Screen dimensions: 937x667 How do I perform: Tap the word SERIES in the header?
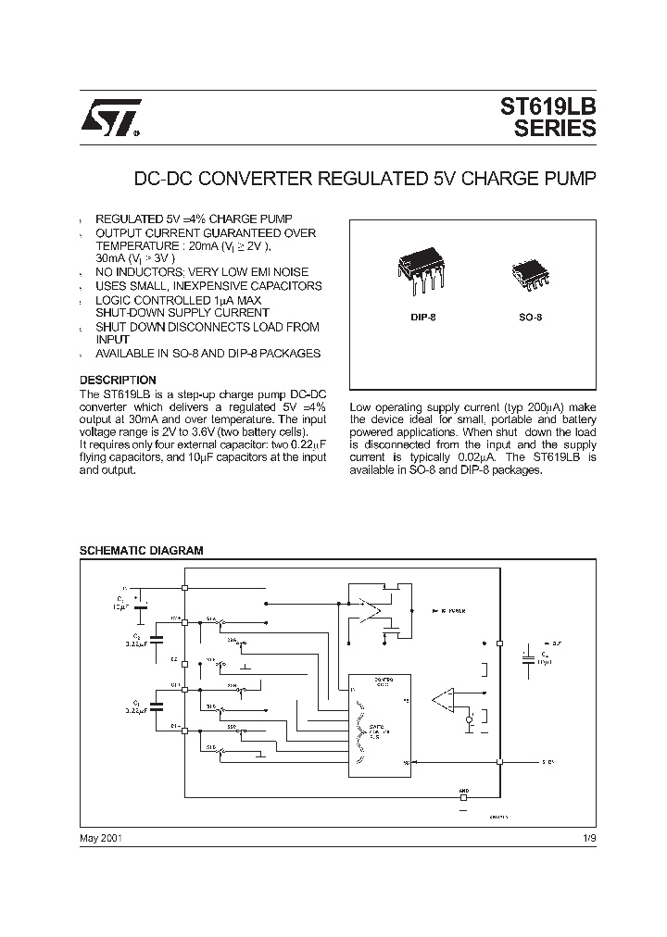(555, 130)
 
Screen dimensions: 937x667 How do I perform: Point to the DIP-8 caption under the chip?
(423, 318)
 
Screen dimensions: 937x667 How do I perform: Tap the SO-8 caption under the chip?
(529, 318)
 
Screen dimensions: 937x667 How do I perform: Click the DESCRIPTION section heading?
(118, 380)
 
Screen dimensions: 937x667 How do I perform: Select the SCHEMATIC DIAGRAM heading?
(141, 550)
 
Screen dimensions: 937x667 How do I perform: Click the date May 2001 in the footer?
(101, 837)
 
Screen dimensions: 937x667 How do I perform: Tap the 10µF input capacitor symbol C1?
(141, 607)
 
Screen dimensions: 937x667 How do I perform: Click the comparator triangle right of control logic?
(446, 701)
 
